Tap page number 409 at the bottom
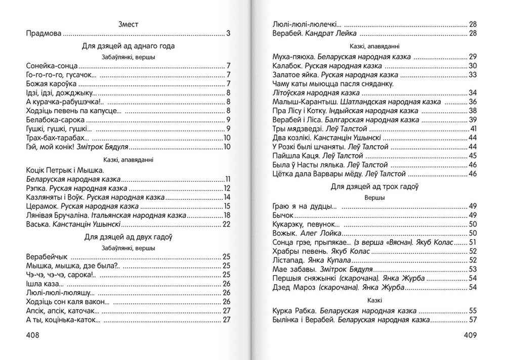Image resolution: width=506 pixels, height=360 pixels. [x=470, y=335]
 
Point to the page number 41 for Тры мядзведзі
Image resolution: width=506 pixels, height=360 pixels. [x=474, y=128]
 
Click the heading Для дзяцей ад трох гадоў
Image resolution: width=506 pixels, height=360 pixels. [x=374, y=187]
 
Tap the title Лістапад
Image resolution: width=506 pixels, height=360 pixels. [x=287, y=260]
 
